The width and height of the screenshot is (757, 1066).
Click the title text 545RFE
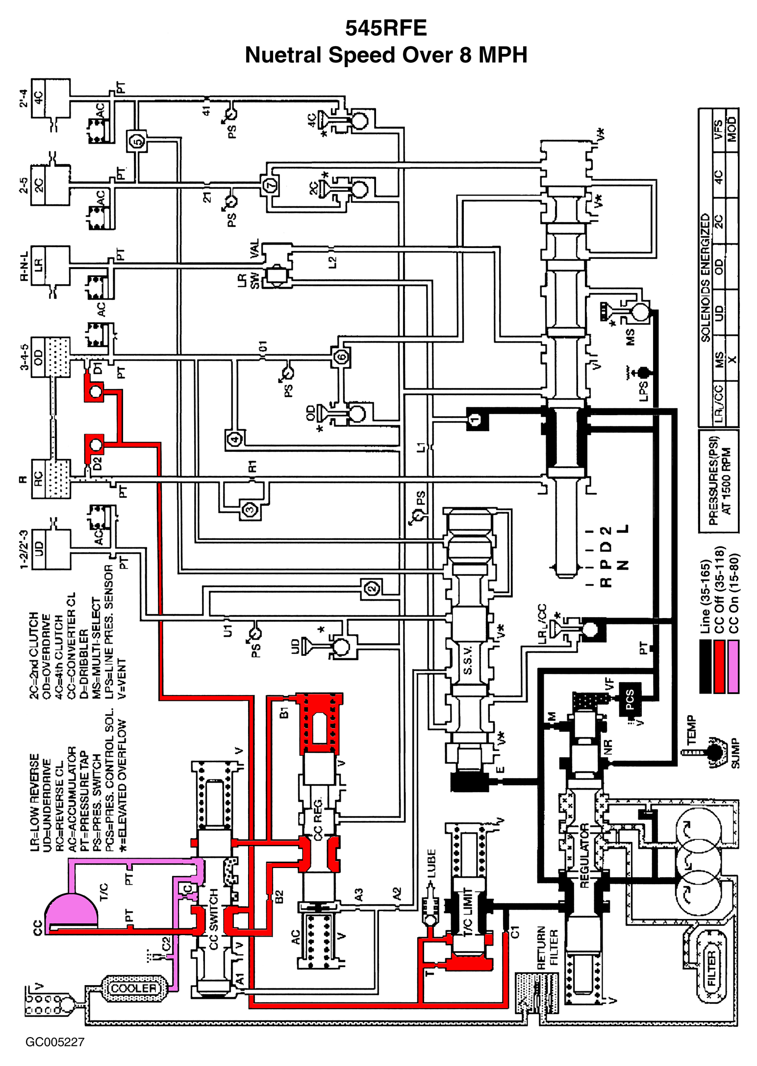[x=386, y=28]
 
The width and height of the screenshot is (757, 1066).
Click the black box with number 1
[x=475, y=420]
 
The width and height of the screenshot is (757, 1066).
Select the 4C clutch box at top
[x=38, y=98]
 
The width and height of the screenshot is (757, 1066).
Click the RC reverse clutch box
[x=39, y=478]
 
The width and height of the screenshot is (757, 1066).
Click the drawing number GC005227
[x=55, y=1041]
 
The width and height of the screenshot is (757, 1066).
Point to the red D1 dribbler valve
[x=95, y=391]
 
